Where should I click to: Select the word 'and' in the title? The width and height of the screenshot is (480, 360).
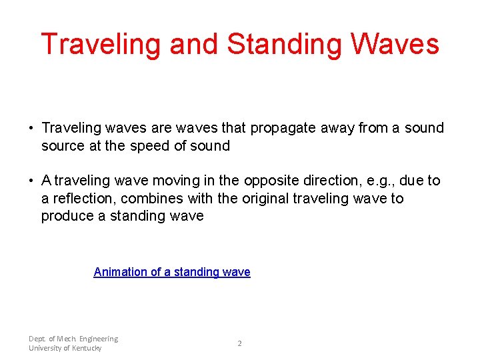click(194, 45)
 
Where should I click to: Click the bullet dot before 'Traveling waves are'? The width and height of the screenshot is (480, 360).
click(31, 128)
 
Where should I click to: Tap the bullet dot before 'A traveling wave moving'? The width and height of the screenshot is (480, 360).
click(31, 181)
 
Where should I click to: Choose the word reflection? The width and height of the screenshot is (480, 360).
click(85, 199)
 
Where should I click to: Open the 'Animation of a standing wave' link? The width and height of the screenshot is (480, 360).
click(172, 272)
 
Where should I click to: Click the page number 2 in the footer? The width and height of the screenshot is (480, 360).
click(240, 343)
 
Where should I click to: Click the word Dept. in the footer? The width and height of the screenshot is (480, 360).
click(38, 339)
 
